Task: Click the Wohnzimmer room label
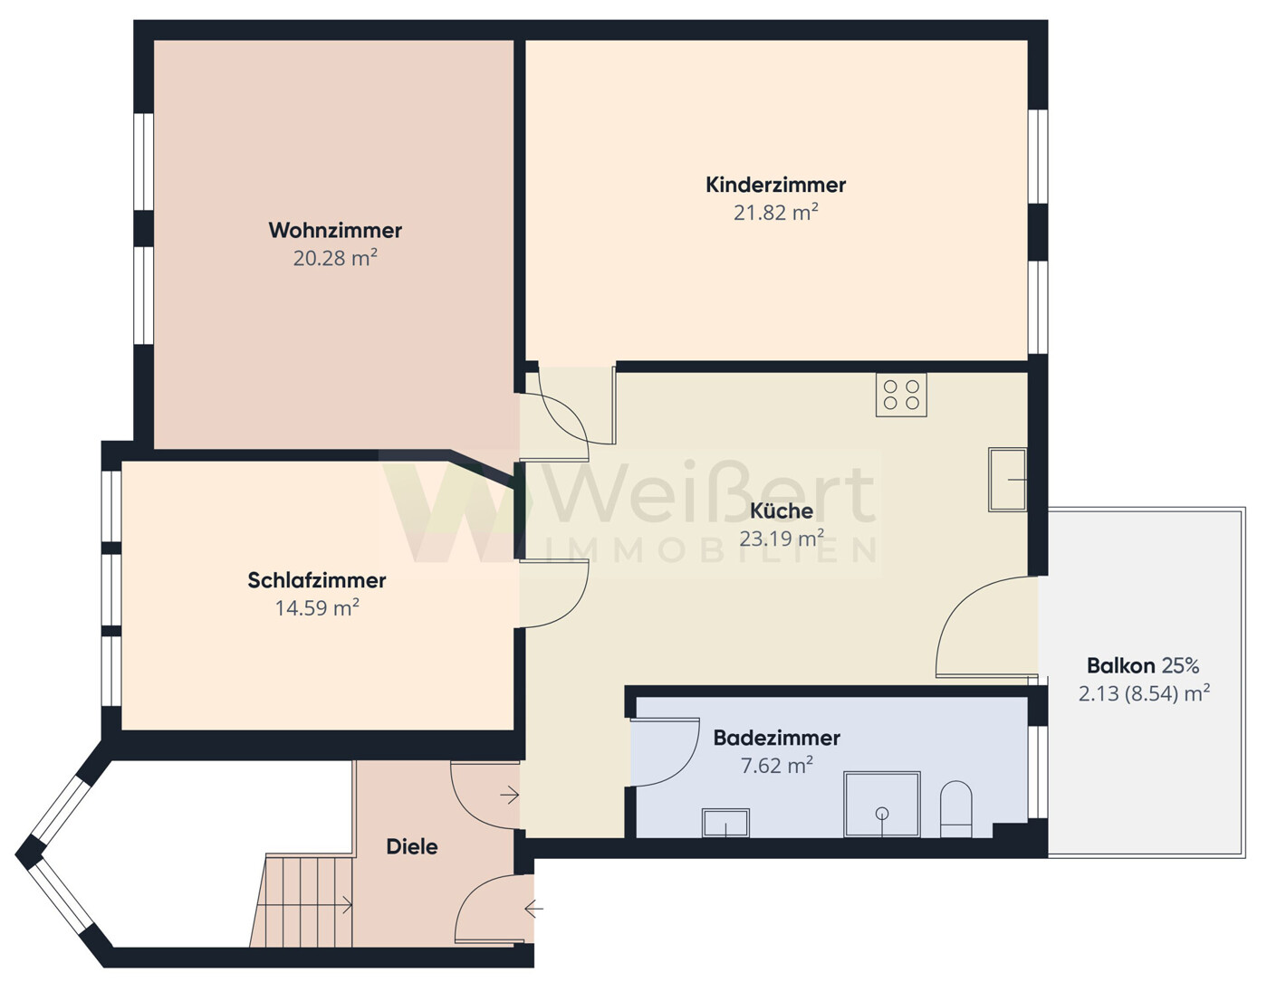tap(335, 230)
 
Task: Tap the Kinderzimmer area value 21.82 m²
tap(775, 213)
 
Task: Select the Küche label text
tap(782, 511)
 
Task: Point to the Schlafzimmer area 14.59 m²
tap(317, 607)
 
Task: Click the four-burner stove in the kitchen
tap(901, 395)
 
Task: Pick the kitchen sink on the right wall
tap(1007, 480)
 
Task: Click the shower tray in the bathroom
tap(881, 804)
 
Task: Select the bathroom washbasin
tap(725, 823)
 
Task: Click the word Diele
tap(412, 847)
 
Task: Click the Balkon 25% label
tap(1143, 666)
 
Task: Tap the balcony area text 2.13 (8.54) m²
tap(1144, 694)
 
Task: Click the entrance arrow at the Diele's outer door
tap(533, 908)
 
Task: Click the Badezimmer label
tap(776, 738)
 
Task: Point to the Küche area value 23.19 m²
tap(782, 539)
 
